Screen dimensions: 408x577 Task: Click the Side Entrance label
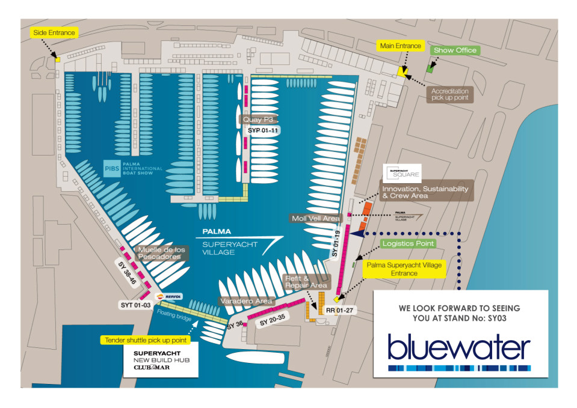55,31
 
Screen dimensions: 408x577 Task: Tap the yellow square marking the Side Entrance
58,59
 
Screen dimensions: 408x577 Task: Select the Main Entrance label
400,45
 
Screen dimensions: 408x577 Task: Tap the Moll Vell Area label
316,218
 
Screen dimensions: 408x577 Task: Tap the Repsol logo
168,296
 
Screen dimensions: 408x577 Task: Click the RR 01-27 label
342,311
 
